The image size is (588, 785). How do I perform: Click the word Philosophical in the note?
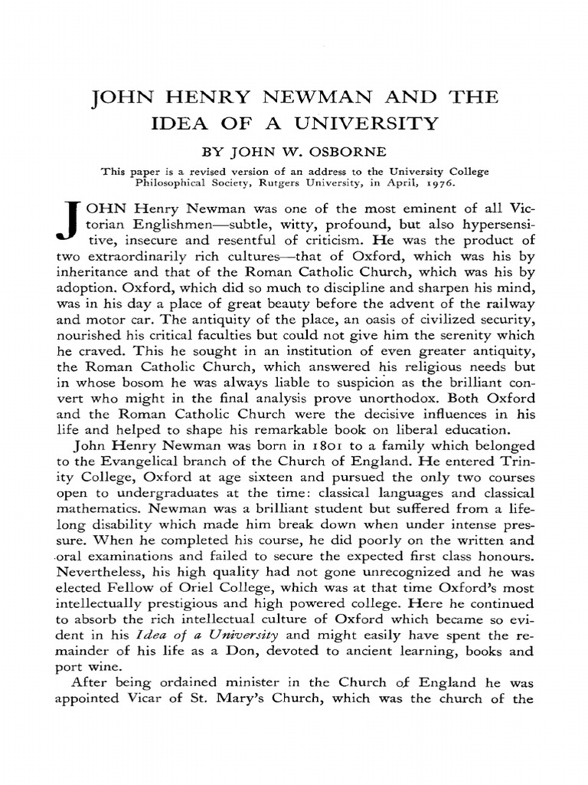click(x=171, y=184)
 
